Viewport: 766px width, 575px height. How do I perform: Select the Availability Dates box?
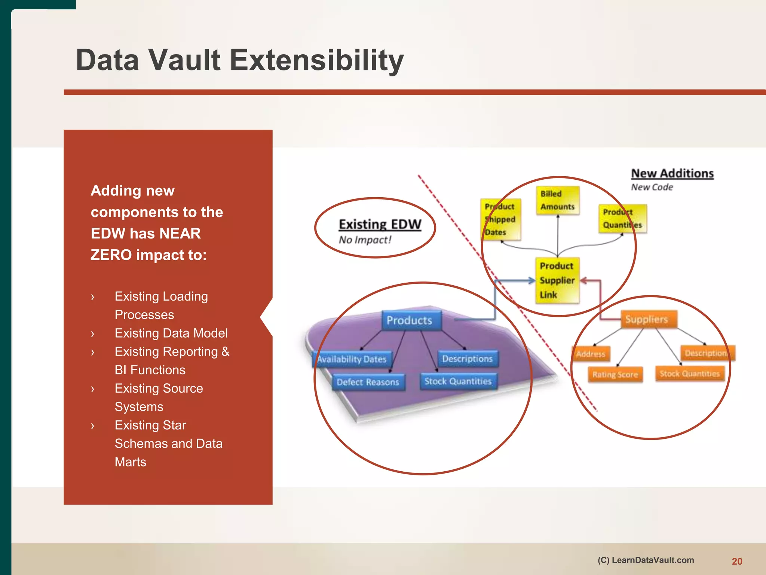[352, 359]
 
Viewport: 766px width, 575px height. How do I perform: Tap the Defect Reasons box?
[368, 382]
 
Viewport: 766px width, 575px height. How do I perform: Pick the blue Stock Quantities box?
[458, 381]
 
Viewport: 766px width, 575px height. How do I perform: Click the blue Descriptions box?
[468, 359]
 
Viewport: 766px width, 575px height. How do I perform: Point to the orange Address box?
[591, 354]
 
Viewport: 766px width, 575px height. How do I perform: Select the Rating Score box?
[615, 374]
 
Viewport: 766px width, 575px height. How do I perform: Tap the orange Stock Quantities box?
[690, 374]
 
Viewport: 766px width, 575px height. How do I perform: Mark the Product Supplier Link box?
[557, 280]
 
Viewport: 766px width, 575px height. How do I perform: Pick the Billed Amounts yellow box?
[557, 201]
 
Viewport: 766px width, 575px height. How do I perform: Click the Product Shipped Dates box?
[500, 219]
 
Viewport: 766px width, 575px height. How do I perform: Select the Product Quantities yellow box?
[622, 219]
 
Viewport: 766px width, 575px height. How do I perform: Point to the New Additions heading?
[672, 173]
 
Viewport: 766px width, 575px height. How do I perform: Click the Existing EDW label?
[380, 224]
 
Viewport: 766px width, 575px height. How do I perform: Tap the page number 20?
[737, 562]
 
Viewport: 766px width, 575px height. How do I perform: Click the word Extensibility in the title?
[316, 60]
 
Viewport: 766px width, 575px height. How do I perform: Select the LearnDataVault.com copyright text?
[646, 560]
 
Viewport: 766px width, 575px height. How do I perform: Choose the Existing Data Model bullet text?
[171, 333]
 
